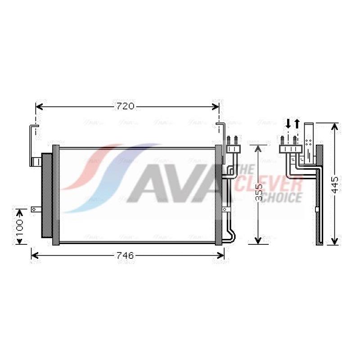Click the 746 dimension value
125,255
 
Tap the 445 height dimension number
335,185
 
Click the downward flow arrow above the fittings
288,123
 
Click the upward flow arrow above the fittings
297,123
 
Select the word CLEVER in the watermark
268,184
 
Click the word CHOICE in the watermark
282,197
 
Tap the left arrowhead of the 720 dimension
39,107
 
